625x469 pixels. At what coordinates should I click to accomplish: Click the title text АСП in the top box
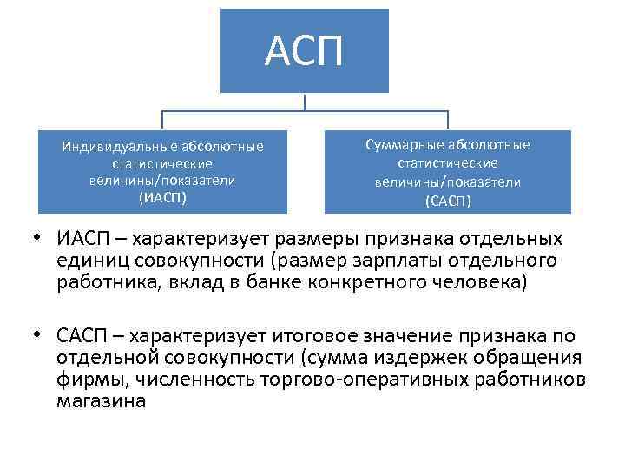pos(304,51)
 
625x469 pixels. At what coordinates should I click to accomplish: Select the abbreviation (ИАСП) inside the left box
pos(162,196)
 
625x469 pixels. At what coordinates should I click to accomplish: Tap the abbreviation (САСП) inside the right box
pos(448,201)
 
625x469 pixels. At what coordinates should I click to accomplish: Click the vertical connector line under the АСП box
pos(305,102)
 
